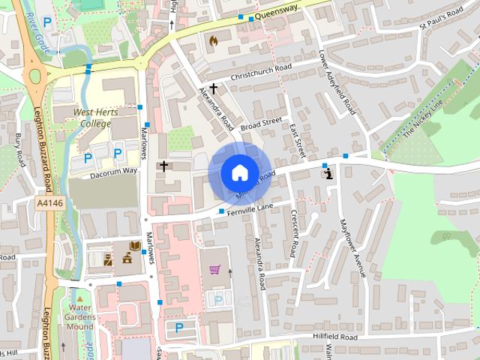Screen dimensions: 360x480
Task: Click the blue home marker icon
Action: point(239,172)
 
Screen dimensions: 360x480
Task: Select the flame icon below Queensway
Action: point(213,40)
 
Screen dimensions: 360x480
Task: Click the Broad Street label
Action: point(260,121)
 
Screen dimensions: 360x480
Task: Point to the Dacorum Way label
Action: point(114,171)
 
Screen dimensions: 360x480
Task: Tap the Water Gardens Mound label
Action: point(79,316)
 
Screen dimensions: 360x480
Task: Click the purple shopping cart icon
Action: point(215,269)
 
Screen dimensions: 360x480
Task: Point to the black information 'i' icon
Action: point(328,174)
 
